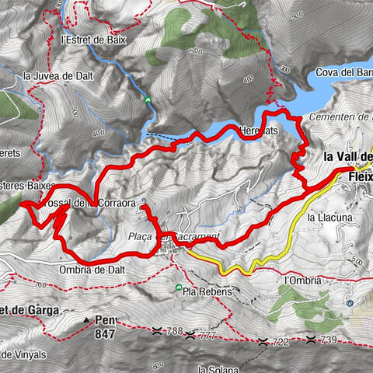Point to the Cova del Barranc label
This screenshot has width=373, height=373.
(x=344, y=74)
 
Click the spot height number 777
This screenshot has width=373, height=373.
(x=206, y=336)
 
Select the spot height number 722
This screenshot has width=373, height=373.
(x=281, y=342)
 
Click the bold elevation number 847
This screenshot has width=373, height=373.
(x=104, y=336)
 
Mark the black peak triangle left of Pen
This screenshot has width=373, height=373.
(x=86, y=319)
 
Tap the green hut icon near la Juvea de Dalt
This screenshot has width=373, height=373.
(x=148, y=99)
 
